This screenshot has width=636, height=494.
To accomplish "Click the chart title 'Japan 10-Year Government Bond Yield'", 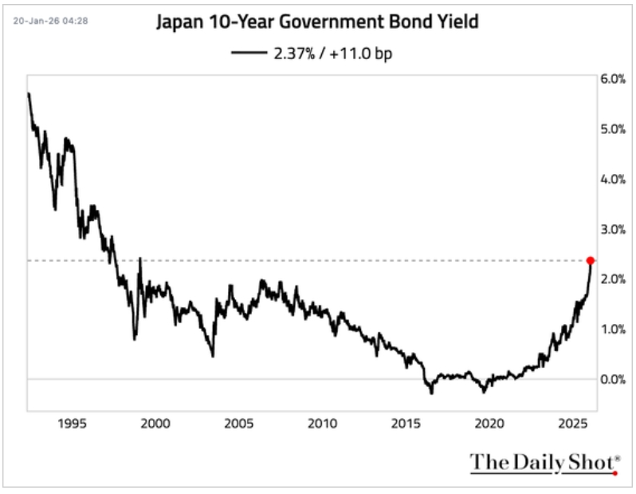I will coord(318,22).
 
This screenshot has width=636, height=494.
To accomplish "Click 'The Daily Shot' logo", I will coord(544,462).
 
